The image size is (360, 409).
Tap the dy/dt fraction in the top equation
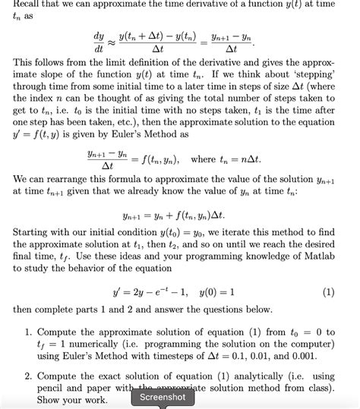98,42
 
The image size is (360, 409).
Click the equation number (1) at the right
328,291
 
